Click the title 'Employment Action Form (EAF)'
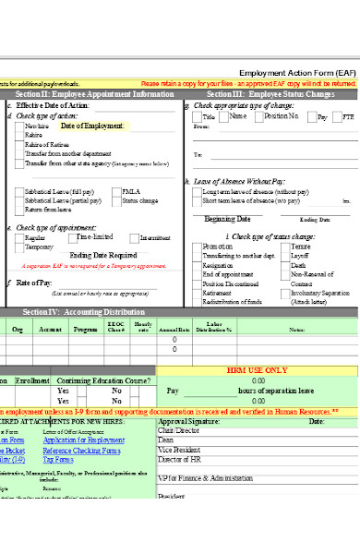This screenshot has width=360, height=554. (x=296, y=72)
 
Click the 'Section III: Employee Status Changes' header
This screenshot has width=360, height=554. (x=270, y=94)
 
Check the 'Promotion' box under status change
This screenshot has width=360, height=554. (x=196, y=247)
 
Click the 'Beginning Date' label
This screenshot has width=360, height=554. (x=227, y=219)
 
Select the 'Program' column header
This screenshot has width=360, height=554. (x=86, y=329)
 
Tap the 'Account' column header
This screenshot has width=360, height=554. (x=51, y=329)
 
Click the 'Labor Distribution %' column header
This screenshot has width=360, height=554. (x=219, y=328)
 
